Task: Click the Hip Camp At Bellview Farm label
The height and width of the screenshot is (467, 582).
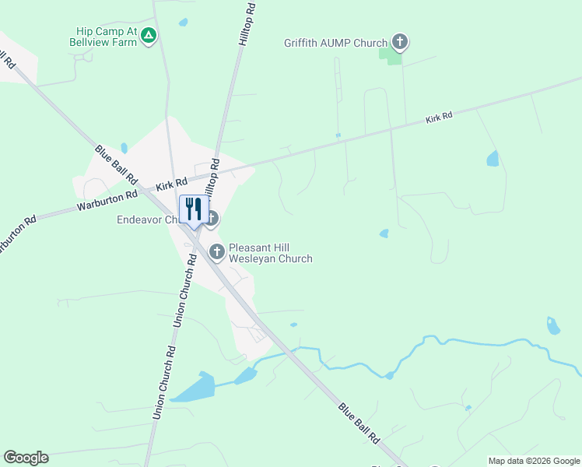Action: (106, 36)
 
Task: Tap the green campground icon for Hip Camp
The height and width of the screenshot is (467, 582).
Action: (149, 35)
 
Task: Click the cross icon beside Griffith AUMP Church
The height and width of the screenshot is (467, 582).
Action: (400, 41)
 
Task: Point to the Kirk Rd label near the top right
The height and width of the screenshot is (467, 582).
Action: (439, 118)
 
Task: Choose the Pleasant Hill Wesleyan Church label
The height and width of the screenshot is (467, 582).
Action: (270, 254)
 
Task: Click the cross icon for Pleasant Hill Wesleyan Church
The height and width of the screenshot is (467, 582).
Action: (217, 251)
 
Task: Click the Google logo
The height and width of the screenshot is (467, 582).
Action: (26, 458)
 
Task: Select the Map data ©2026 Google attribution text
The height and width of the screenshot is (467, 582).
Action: (534, 461)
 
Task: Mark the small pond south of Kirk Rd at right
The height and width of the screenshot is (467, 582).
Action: (493, 159)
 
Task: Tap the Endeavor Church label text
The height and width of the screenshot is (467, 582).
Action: (149, 220)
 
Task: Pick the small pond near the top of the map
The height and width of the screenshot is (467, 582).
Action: (183, 23)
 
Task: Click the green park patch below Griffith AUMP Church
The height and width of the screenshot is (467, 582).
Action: (391, 54)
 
